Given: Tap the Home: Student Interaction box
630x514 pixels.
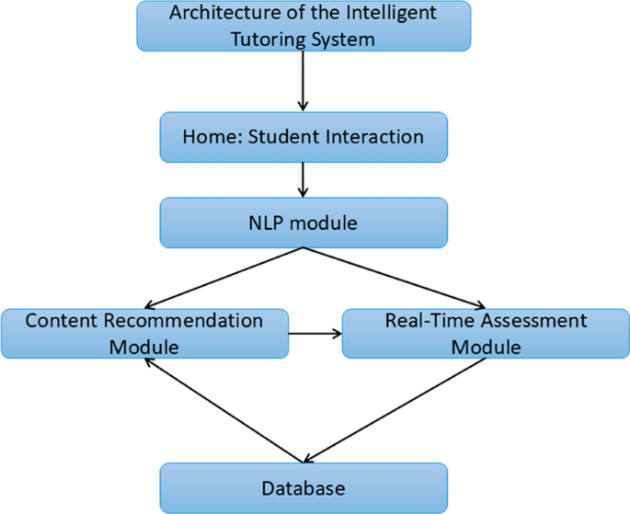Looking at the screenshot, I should pyautogui.click(x=304, y=137).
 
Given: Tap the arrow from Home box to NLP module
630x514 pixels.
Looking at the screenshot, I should pyautogui.click(x=303, y=179).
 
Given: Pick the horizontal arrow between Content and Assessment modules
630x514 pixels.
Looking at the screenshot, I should pyautogui.click(x=315, y=333).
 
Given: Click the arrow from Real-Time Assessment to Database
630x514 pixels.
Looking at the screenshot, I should pyautogui.click(x=395, y=409).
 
